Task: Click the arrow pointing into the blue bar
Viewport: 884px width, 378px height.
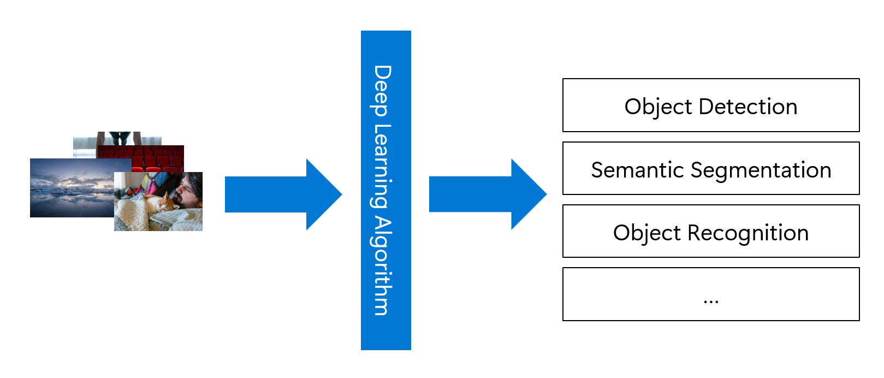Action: coord(283,194)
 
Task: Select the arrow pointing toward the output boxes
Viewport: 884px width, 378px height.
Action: coord(488,194)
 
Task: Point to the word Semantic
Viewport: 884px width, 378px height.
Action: coord(637,170)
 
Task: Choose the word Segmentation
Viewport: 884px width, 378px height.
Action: coord(761,170)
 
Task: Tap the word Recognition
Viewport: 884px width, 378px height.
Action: coord(748,233)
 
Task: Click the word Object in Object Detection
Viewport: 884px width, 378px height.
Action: coord(658,107)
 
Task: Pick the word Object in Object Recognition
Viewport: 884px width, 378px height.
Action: coord(647,233)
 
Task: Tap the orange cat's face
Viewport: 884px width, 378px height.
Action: coord(165,205)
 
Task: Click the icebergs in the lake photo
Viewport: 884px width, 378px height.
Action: coord(60,191)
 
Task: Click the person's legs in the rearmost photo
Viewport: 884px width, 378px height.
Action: coord(120,138)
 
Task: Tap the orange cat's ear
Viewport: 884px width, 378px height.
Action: coord(166,195)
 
